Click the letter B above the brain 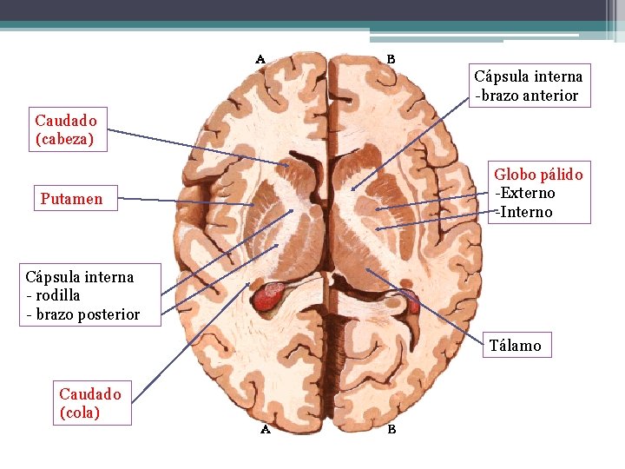pos(391,60)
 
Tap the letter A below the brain pos(266,428)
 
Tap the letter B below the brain pos(391,428)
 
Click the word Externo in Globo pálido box pos(528,193)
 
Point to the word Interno pos(527,212)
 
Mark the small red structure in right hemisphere pos(413,304)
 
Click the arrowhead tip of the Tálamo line pos(367,269)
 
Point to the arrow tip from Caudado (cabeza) pos(289,165)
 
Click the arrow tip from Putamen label pos(254,205)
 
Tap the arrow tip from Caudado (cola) pos(253,283)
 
